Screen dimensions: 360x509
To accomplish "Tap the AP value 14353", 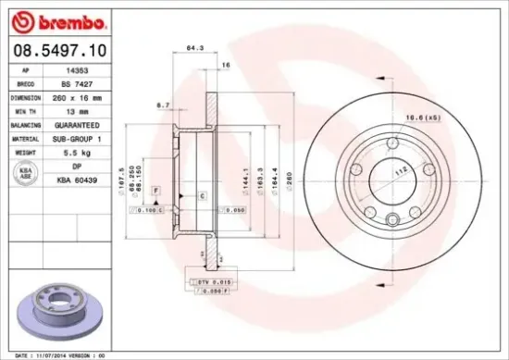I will (x=82, y=69).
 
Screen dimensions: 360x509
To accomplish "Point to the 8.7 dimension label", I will (x=163, y=105).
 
